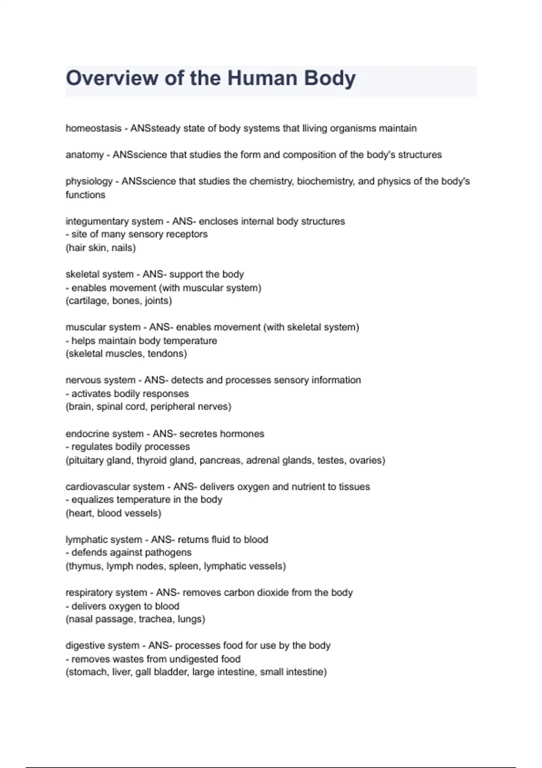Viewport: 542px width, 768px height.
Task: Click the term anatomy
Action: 84,155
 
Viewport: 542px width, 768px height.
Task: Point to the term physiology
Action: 89,182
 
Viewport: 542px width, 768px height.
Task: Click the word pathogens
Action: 169,553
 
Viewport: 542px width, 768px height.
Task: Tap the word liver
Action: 121,672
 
